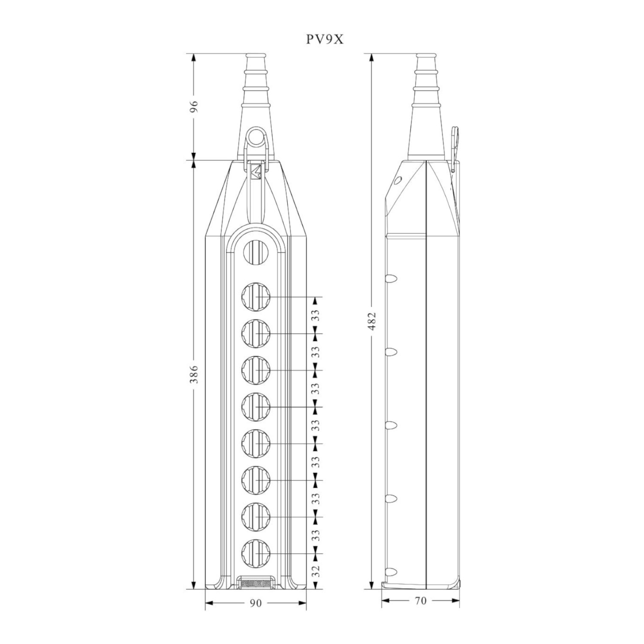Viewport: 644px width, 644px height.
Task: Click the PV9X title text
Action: (x=325, y=39)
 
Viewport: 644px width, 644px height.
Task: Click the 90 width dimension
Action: (x=255, y=603)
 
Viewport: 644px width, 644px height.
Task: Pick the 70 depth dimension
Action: (x=421, y=601)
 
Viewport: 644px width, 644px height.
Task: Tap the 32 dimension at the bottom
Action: (x=316, y=571)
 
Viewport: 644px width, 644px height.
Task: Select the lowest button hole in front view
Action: (x=256, y=553)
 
